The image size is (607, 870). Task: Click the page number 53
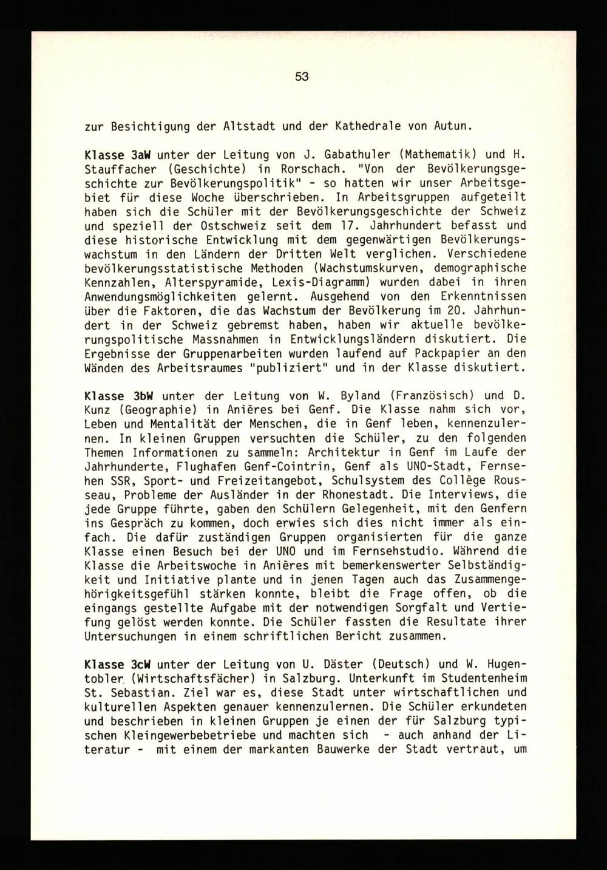(302, 77)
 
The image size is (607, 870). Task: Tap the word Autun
(450, 127)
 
